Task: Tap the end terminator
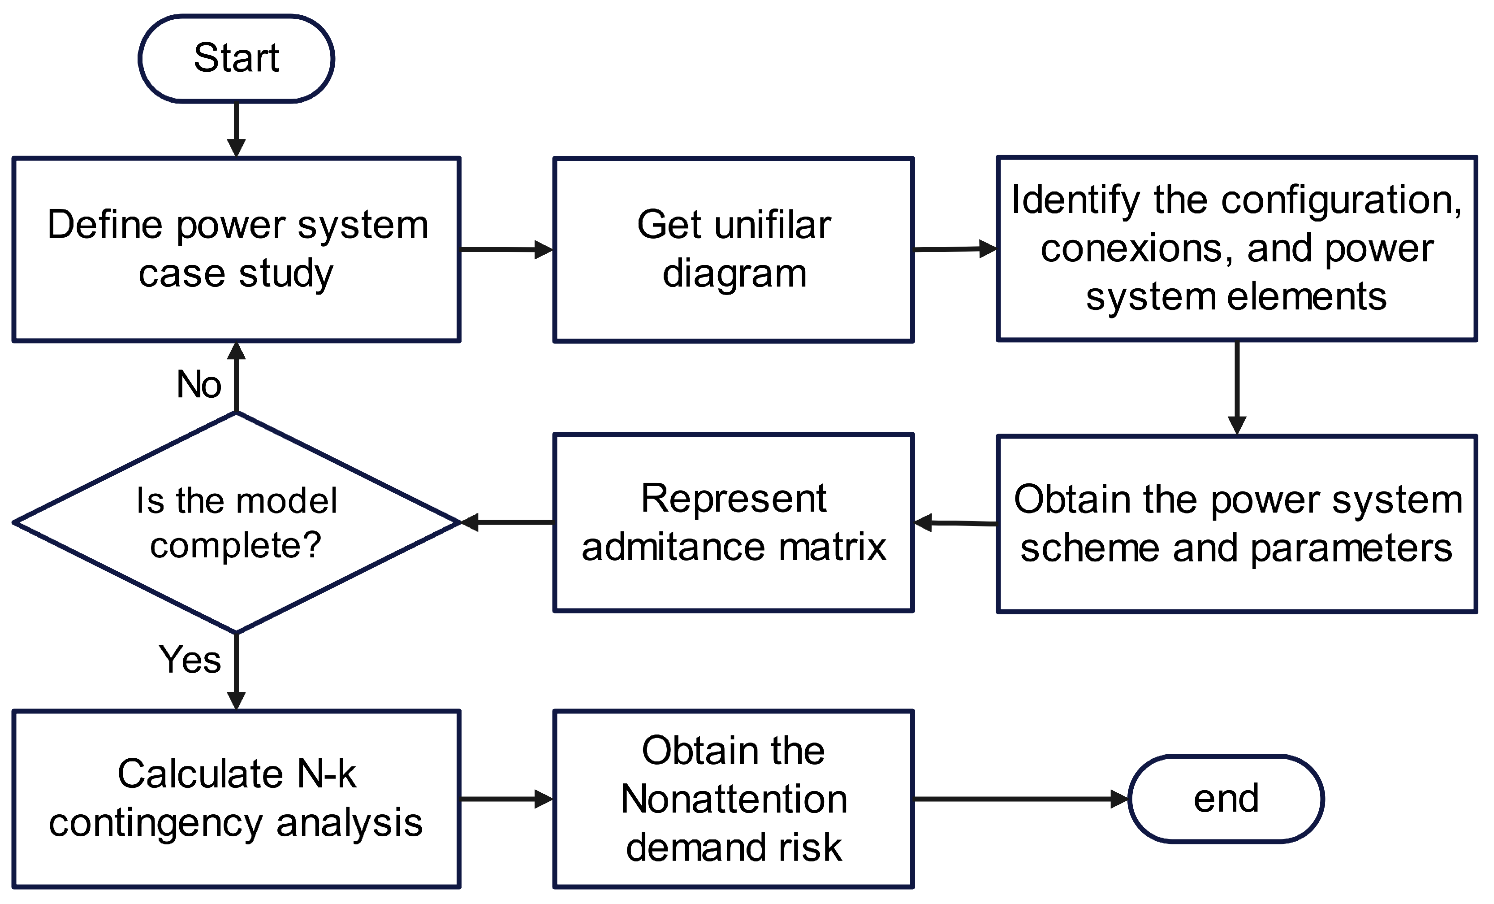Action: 1226,799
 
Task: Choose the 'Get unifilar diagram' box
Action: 733,249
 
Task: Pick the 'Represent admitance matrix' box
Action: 733,522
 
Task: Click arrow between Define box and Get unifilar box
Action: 506,249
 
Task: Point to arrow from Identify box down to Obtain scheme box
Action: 1237,388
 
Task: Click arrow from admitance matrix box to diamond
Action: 507,522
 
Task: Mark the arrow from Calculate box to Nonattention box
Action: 506,799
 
